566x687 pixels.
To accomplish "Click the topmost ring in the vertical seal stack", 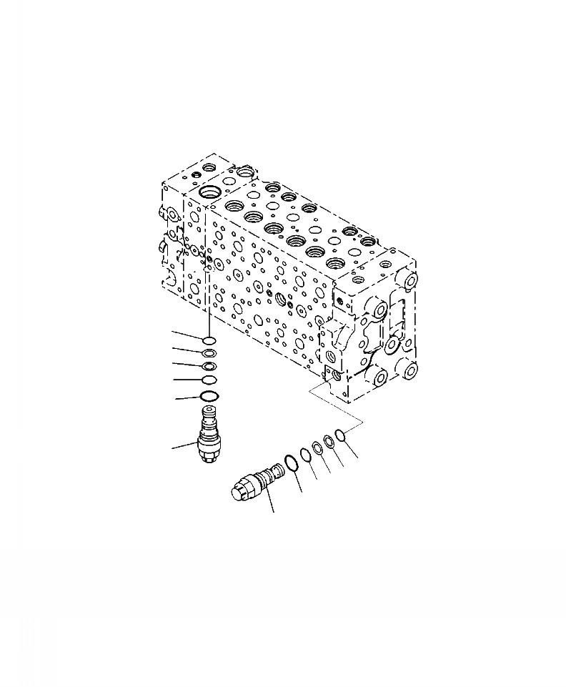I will click(209, 340).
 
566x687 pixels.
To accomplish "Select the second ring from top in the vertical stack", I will click(209, 353).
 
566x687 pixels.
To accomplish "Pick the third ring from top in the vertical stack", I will click(209, 366).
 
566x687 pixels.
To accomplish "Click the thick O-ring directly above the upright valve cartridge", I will click(209, 396).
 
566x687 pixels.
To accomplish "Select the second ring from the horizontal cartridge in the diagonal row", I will click(305, 454).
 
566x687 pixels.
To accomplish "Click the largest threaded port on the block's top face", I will click(212, 193).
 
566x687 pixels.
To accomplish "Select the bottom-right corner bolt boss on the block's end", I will click(409, 370).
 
